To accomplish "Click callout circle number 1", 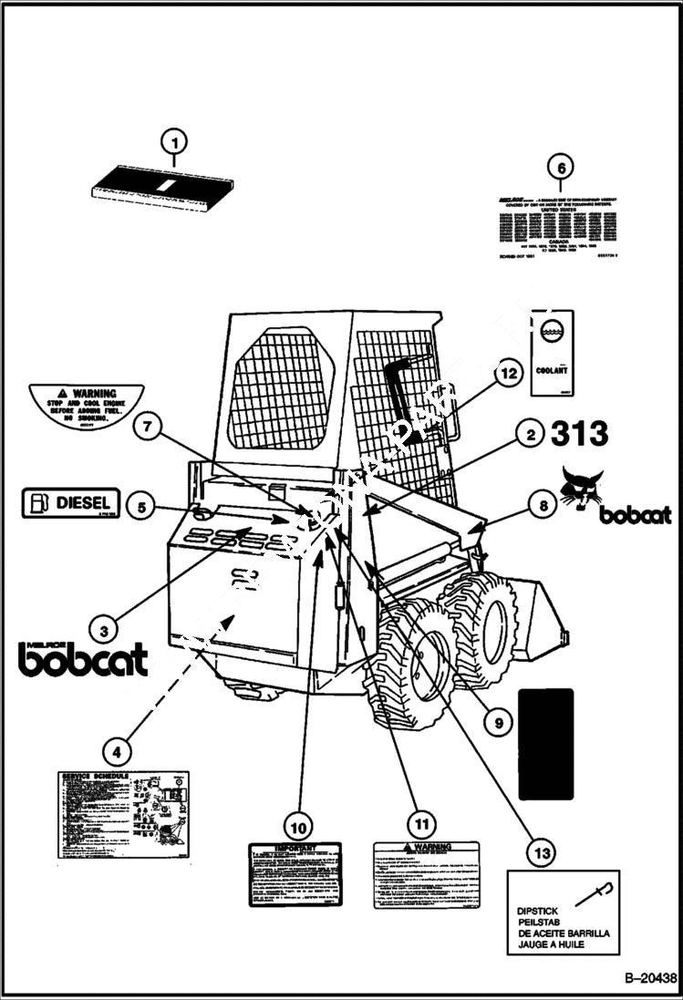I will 174,142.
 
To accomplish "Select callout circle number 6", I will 561,168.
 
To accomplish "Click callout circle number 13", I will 543,852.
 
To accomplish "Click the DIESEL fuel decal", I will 70,503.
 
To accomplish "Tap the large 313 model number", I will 579,434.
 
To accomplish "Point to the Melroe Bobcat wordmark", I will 83,658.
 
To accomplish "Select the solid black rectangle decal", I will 545,743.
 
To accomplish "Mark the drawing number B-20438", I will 650,979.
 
